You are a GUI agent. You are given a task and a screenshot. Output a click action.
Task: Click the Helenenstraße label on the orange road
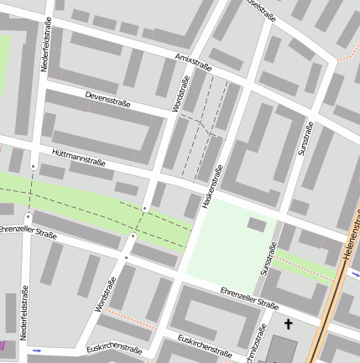click(x=352, y=243)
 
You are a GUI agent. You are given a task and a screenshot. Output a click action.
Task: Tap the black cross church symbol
click(x=289, y=324)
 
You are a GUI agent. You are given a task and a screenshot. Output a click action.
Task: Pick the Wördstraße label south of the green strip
click(x=105, y=294)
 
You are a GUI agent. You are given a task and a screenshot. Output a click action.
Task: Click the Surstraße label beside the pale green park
click(x=268, y=259)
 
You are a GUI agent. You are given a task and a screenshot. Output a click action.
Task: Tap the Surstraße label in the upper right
click(x=306, y=138)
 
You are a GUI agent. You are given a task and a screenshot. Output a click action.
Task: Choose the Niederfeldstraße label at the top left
click(x=46, y=42)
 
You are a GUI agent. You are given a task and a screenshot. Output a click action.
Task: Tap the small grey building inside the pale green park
click(x=258, y=224)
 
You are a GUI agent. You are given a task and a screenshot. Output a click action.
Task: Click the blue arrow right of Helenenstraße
click(x=356, y=273)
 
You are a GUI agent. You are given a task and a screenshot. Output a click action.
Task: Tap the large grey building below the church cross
click(x=281, y=350)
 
